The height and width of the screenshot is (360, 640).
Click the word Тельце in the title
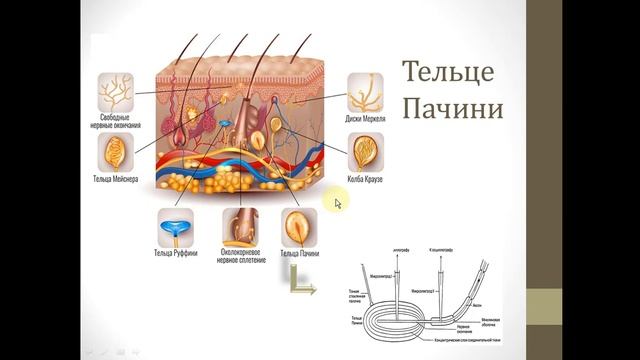(447, 72)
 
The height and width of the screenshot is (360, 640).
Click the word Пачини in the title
(451, 107)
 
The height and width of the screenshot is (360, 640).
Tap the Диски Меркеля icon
(366, 93)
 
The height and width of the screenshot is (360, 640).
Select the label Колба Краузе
(366, 181)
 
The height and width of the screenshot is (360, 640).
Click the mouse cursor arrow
(337, 203)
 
